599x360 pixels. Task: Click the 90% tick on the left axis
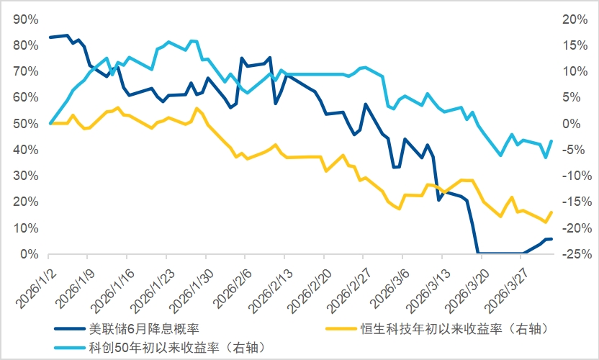pos(27,19)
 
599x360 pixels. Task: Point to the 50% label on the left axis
pos(27,124)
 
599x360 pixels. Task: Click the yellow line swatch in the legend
pos(338,329)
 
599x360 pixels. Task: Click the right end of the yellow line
pos(551,212)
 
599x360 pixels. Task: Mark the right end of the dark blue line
pos(551,239)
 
